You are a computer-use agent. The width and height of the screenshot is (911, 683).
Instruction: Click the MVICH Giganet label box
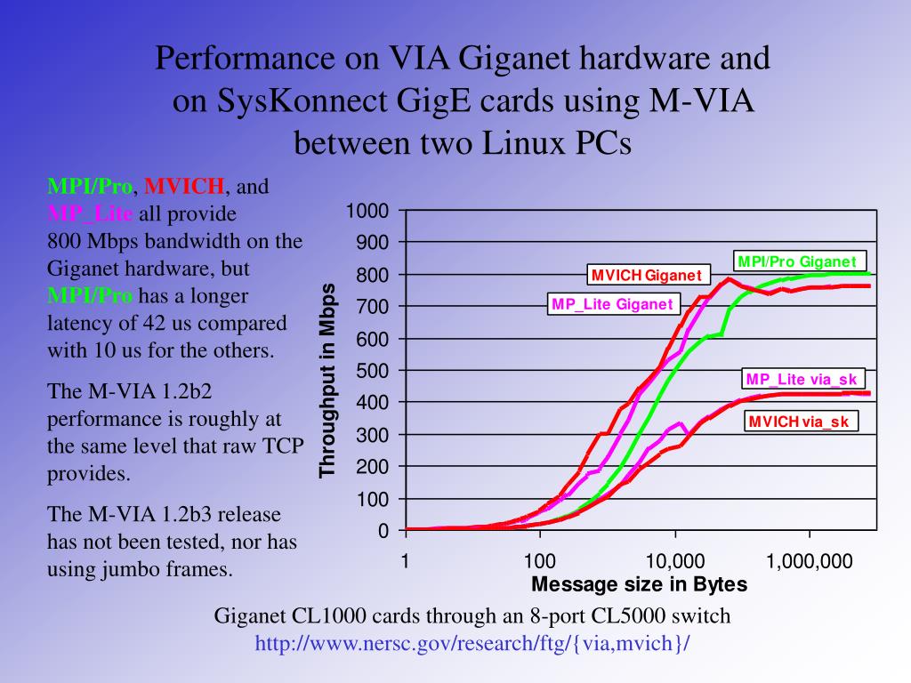coord(647,275)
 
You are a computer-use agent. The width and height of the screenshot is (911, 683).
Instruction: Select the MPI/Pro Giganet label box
coord(797,261)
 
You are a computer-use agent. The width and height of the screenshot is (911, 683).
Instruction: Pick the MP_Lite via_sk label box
coord(801,380)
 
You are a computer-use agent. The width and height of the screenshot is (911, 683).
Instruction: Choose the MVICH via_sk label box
coord(799,422)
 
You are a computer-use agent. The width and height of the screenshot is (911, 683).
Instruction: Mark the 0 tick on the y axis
coord(383,531)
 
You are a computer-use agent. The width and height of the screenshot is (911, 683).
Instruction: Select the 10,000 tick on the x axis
coord(674,561)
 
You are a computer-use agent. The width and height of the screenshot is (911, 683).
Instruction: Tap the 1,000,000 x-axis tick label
coord(809,561)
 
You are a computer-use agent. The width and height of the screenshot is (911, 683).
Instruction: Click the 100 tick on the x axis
coord(539,561)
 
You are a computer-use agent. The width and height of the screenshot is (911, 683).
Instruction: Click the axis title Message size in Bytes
coord(639,584)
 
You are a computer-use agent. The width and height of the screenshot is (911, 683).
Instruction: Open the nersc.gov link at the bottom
coord(472,643)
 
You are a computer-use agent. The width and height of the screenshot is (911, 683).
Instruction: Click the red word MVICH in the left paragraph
coord(184,187)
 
